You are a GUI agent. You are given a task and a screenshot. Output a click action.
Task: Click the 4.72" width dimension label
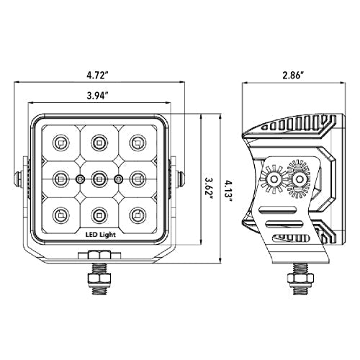(x=96, y=76)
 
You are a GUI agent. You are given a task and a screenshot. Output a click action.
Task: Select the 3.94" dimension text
(x=96, y=96)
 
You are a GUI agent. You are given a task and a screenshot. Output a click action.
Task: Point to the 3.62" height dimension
(x=209, y=187)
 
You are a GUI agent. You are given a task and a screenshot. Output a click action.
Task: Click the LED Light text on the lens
(x=101, y=235)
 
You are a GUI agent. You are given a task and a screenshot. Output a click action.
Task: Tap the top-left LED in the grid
(x=60, y=143)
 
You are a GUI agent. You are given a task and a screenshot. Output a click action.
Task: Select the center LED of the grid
(x=99, y=179)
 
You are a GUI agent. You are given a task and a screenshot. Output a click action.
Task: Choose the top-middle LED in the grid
(x=99, y=143)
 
